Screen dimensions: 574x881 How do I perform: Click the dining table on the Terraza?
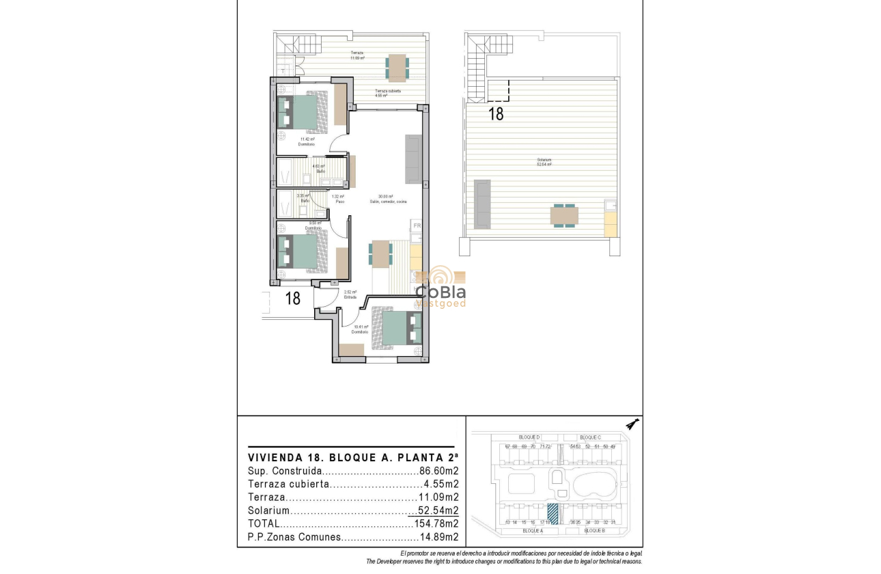pos(397,66)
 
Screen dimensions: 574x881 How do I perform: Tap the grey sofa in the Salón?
pos(413,159)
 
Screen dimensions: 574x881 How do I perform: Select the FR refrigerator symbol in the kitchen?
pos(416,225)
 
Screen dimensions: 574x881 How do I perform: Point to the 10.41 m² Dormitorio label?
pos(360,329)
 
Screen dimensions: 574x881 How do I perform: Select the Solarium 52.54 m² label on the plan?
pos(544,163)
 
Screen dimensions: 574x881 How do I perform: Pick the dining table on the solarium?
pos(564,216)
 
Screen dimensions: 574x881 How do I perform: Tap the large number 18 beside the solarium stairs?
pos(496,114)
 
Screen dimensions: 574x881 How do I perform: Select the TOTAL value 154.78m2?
pos(436,524)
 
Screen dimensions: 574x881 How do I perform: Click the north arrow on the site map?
pos(632,424)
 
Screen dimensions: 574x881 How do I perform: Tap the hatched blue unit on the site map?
pos(553,513)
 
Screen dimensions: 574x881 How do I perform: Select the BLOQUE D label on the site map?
pos(529,437)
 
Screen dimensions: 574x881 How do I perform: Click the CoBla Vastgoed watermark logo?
pos(441,287)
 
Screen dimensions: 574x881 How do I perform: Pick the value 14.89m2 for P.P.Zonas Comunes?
pos(438,537)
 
